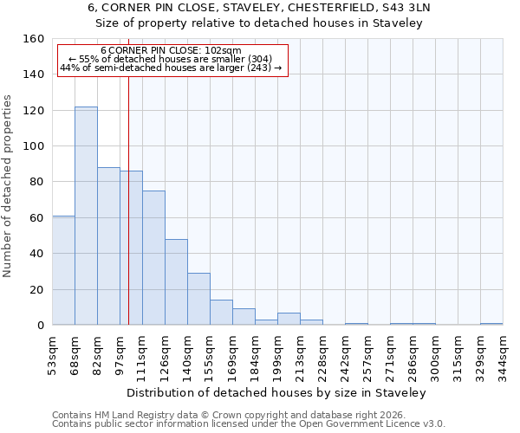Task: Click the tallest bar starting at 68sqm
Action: [x=86, y=216]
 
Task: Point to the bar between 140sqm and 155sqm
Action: [x=198, y=300]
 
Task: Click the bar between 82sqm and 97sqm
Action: [x=108, y=247]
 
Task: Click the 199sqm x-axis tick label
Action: [x=277, y=356]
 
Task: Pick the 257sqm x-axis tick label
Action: [x=367, y=356]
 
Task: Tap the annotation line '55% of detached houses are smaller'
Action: [x=171, y=59]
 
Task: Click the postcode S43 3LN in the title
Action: [x=405, y=8]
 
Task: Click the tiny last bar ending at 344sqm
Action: [x=491, y=324]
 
